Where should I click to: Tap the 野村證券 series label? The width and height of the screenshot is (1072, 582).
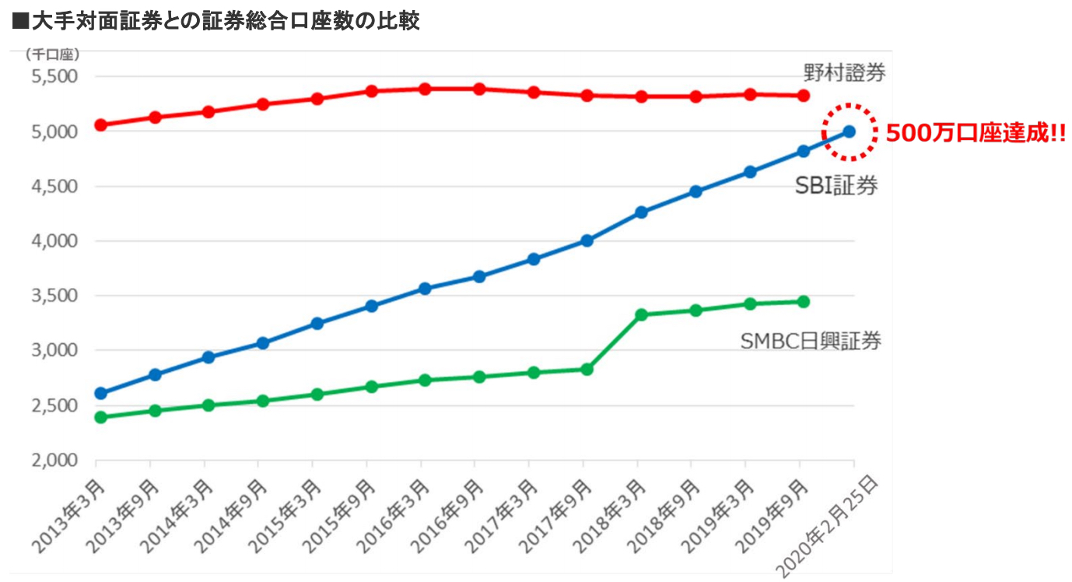844,73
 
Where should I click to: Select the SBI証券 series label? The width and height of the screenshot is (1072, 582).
836,186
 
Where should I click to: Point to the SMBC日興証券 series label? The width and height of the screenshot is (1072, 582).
811,341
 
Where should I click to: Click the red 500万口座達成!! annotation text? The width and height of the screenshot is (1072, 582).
976,134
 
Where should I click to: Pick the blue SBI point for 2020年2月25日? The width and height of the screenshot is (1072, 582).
850,131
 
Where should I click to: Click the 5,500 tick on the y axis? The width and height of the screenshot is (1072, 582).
54,77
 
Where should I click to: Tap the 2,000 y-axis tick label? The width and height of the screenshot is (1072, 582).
54,460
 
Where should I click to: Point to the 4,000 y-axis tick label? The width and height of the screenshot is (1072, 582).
54,241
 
